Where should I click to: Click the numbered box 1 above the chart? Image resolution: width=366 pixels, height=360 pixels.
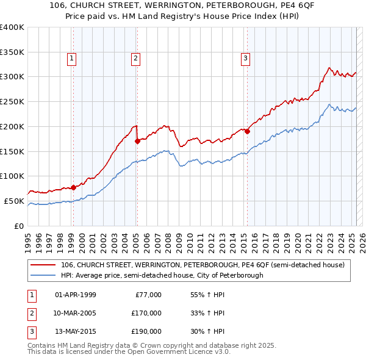(72, 59)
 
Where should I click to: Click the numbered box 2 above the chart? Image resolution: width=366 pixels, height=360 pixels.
(135, 59)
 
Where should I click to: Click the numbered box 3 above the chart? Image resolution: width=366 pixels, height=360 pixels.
(245, 59)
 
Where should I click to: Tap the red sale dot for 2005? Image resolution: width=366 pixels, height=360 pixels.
(137, 141)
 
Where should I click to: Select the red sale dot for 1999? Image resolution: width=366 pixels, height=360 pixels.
(73, 187)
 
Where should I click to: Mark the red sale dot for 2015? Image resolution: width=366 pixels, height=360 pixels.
(248, 131)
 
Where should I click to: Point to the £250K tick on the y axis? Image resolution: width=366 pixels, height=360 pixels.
(12, 101)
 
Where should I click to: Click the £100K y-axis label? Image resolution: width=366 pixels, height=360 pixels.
(12, 176)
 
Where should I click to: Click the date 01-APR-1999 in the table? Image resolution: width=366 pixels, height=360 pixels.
(76, 295)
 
